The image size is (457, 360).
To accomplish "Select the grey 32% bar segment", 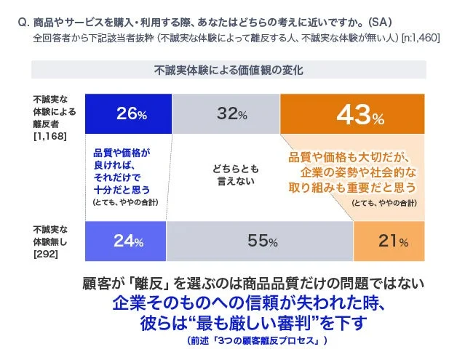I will click(x=226, y=114).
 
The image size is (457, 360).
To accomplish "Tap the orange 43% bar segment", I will click(x=352, y=114).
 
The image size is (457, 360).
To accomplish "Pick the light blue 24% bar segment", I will click(x=126, y=241).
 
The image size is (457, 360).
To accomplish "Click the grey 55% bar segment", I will click(x=261, y=241).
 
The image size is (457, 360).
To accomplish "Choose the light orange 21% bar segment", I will click(x=389, y=241).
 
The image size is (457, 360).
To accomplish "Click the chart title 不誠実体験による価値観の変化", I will click(x=228, y=71).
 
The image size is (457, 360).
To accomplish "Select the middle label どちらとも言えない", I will click(x=235, y=175).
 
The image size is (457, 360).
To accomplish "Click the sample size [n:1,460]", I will click(x=420, y=36).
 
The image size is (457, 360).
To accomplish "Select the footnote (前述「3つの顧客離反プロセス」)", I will click(x=257, y=340).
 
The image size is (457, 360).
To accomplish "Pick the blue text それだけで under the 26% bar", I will click(x=121, y=176).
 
